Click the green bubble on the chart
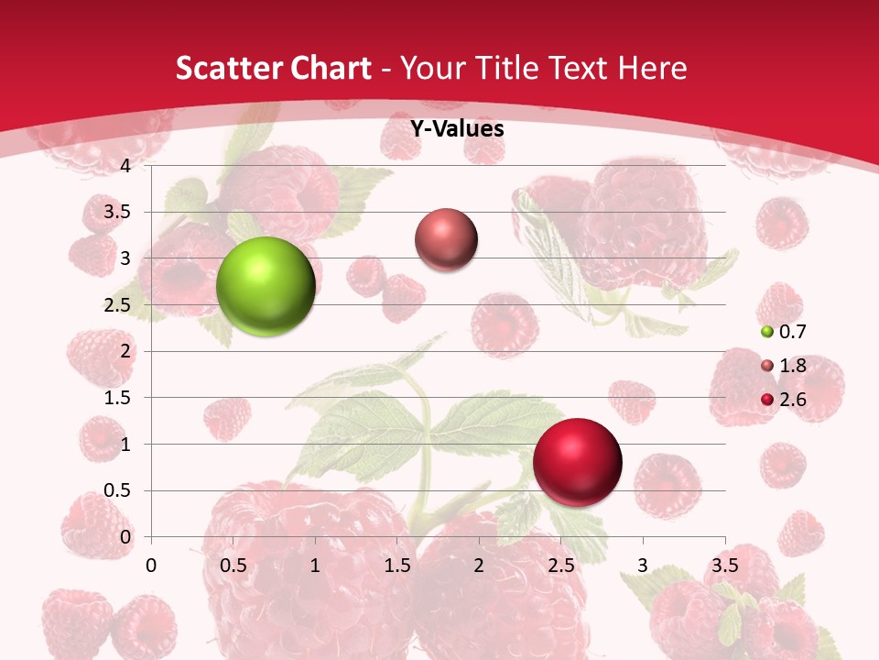pos(266,286)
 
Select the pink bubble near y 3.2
pos(446,239)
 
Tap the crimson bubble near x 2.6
pos(577,462)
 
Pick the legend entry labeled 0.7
pos(791,332)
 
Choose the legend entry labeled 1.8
pos(791,366)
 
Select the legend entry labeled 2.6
pos(791,399)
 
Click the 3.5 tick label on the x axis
pos(724,565)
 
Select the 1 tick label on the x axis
pos(315,565)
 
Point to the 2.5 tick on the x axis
pos(560,565)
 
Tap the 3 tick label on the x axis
pos(643,565)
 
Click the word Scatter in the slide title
pos(228,68)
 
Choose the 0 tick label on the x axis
pos(152,565)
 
